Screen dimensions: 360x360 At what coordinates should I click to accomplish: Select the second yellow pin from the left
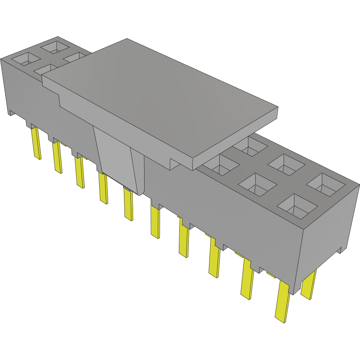point(57,158)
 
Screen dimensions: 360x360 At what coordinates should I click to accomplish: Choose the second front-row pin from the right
point(247,279)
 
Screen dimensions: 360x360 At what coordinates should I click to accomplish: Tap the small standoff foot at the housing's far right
point(341,250)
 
